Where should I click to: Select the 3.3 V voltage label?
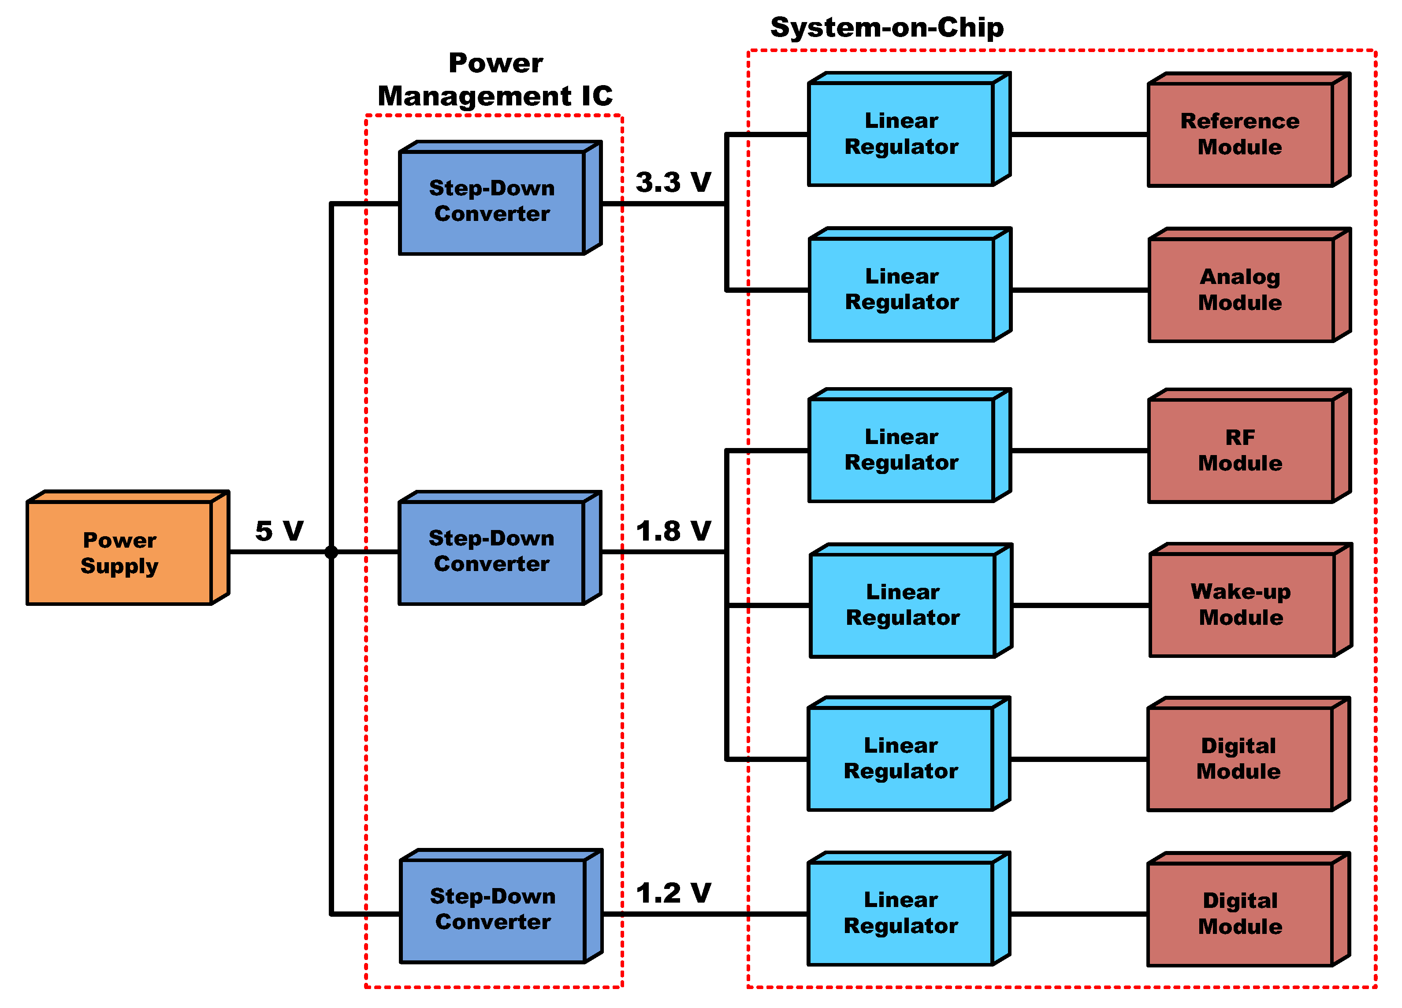673,183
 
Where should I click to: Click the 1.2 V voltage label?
673,893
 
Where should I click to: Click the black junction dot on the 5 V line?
331,552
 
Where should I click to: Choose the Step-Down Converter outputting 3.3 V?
492,202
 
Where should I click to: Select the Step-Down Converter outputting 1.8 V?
491,552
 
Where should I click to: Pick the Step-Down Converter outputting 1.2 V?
493,910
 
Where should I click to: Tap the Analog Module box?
1240,289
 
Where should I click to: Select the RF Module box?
1240,451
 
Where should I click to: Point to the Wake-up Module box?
1241,605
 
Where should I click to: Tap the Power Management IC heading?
495,80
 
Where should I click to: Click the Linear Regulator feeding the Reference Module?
901,134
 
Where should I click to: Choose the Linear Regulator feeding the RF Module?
901,450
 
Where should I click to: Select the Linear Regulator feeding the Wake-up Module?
903,605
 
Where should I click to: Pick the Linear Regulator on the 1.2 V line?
901,913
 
